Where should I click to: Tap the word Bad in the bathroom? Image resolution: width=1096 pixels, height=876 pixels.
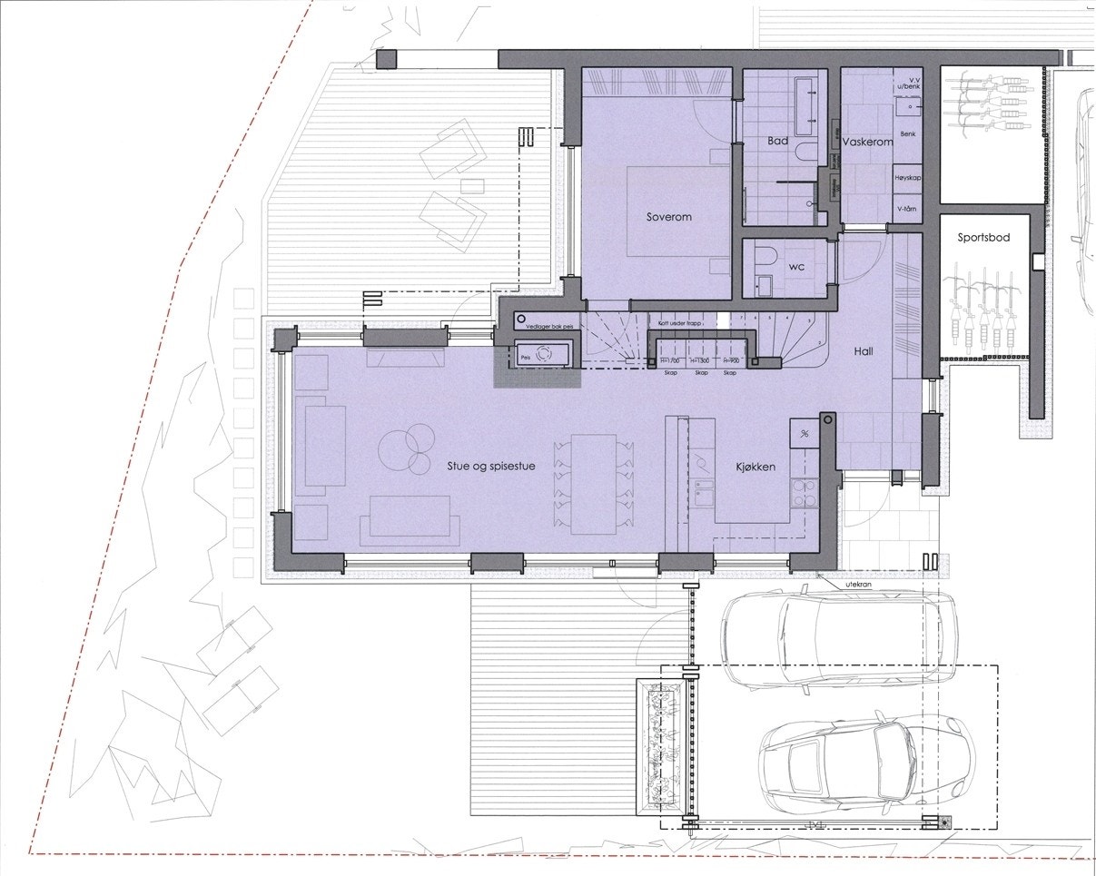coord(777,142)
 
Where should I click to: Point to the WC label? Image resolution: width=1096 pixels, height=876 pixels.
coord(797,267)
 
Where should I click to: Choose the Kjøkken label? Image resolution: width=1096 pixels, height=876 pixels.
coord(755,467)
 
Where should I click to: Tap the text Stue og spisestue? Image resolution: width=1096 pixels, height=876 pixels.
coord(489,467)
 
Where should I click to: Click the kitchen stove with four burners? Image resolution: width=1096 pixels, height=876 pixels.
coord(803,496)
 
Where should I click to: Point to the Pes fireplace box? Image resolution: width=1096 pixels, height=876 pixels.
coord(543,355)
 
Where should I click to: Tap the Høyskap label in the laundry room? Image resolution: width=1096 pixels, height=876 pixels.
coord(908,178)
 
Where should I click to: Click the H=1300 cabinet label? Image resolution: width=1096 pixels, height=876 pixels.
coord(699,361)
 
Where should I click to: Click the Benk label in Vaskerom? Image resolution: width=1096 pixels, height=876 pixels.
coord(908,134)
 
